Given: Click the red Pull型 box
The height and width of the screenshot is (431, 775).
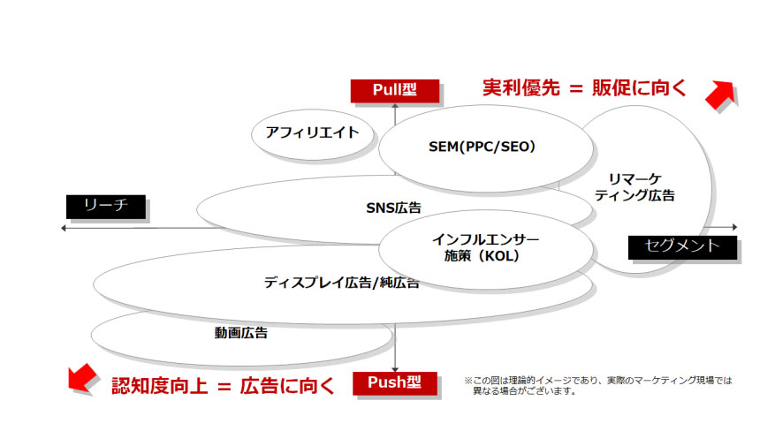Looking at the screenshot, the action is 395,91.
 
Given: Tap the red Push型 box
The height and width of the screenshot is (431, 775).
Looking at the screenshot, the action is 395,383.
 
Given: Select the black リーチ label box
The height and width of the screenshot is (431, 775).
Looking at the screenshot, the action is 106,207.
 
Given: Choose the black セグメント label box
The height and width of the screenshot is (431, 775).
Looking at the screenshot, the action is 682,246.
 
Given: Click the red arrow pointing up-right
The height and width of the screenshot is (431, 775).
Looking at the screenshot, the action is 720,95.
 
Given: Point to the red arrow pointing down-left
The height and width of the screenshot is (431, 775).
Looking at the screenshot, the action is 82,378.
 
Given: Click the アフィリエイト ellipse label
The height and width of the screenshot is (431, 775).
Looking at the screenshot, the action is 312,132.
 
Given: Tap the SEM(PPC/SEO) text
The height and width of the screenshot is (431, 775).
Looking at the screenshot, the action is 482,147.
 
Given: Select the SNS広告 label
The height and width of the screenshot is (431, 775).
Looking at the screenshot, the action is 393,208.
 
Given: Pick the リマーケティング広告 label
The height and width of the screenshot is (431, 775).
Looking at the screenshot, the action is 634,187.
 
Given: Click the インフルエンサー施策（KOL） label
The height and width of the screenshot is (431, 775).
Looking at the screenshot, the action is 485,248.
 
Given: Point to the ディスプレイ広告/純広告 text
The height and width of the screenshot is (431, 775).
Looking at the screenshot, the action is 341,283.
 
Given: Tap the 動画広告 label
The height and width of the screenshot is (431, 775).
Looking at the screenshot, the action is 240,333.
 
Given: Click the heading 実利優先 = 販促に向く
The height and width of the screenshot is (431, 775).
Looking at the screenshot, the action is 585,88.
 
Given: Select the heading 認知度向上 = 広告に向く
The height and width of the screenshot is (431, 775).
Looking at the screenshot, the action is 223,386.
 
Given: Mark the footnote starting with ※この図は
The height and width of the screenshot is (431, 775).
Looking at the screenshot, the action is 598,386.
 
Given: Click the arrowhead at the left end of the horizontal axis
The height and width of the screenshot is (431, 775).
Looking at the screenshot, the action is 64,228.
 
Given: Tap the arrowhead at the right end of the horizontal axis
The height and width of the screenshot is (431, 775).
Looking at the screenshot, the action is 734,227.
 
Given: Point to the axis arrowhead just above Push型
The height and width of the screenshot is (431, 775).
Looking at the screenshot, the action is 395,369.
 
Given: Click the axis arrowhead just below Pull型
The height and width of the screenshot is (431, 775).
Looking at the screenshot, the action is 395,106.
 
